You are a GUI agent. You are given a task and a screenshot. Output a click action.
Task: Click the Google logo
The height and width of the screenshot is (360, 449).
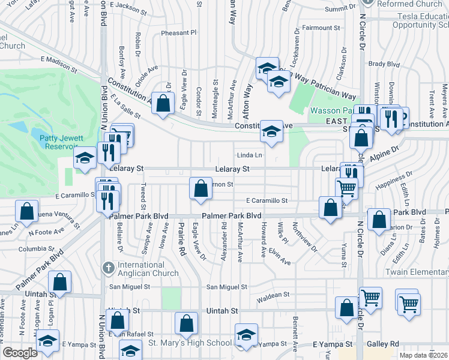coord(20,353)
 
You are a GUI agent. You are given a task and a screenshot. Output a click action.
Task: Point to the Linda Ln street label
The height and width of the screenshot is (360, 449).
coord(250,155)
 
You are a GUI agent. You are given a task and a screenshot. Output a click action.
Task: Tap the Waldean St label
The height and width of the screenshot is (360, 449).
coord(273,295)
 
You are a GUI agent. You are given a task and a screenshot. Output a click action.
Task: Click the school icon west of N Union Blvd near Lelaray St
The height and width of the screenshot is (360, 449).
coord(85,158)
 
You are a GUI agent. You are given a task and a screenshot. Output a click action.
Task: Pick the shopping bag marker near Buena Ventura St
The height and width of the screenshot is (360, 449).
coord(26,211)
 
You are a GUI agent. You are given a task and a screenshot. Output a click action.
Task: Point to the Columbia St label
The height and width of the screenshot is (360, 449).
coord(36,248)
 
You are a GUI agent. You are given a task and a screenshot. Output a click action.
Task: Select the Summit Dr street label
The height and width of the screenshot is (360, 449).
coord(340,9)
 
